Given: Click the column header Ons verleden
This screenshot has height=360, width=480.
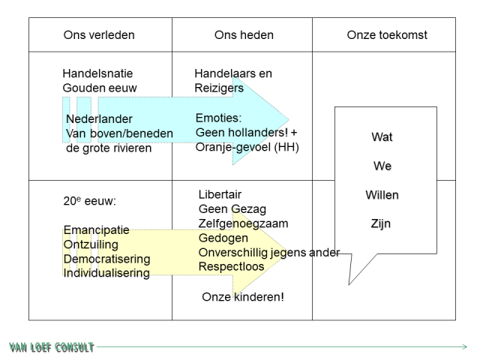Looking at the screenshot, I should [x=99, y=35].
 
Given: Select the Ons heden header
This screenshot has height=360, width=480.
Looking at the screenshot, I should [x=244, y=35].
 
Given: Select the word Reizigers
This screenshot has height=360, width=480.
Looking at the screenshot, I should [x=219, y=88].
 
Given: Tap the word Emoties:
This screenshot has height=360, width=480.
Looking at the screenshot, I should [x=219, y=118].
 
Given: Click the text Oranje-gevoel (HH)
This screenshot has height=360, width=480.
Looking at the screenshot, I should [x=247, y=147].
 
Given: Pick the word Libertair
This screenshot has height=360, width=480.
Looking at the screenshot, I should [x=220, y=195].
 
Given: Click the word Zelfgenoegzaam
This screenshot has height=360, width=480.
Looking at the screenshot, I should [x=243, y=223].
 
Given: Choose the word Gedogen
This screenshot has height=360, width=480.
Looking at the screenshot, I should [x=223, y=238].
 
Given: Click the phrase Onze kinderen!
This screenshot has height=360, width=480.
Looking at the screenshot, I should [x=242, y=297].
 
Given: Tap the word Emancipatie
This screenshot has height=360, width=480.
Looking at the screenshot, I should [x=97, y=231].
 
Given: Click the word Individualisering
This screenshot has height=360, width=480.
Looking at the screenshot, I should [x=106, y=273].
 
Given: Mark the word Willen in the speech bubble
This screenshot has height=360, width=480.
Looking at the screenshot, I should [x=382, y=195].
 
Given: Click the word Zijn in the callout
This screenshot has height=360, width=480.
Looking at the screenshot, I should [x=382, y=223].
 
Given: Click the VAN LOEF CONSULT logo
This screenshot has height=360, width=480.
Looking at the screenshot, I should [x=52, y=347].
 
